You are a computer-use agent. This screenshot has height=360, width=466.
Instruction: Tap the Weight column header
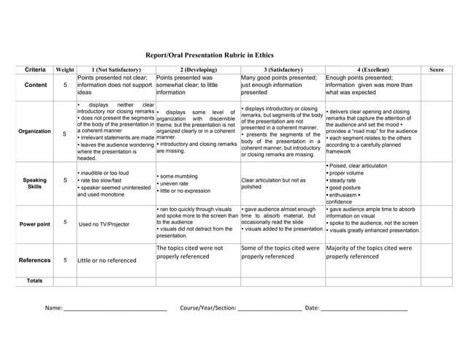pos(65,69)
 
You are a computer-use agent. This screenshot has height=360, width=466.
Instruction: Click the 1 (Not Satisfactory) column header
pos(115,69)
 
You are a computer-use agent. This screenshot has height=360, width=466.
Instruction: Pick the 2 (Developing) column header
pos(197,69)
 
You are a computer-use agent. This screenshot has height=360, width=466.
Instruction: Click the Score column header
pos(437,69)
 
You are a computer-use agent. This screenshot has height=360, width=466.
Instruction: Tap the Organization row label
pos(34,131)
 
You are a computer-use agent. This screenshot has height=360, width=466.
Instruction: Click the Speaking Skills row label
pos(34,183)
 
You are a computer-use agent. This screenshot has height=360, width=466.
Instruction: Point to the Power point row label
pos(34,224)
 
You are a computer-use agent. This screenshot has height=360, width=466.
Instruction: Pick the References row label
pos(34,260)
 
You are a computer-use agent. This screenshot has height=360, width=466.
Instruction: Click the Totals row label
pos(34,281)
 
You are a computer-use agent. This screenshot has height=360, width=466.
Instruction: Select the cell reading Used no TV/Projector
pos(104,224)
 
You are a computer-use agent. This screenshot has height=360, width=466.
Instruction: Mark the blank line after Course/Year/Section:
pos(270,310)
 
